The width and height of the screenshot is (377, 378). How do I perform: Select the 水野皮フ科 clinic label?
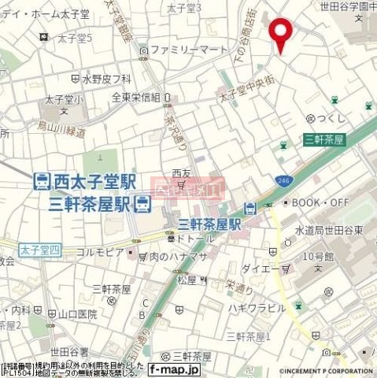tap(106, 79)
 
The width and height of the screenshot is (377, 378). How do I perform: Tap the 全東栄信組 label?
tap(135, 98)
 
